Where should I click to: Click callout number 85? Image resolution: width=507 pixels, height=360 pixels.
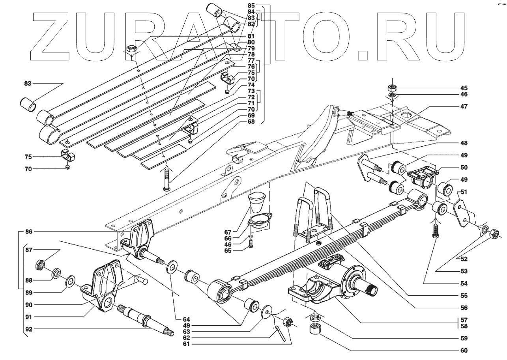251,6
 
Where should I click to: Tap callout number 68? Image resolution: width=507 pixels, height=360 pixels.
251,121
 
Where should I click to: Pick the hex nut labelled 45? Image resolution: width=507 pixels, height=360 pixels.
393,88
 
